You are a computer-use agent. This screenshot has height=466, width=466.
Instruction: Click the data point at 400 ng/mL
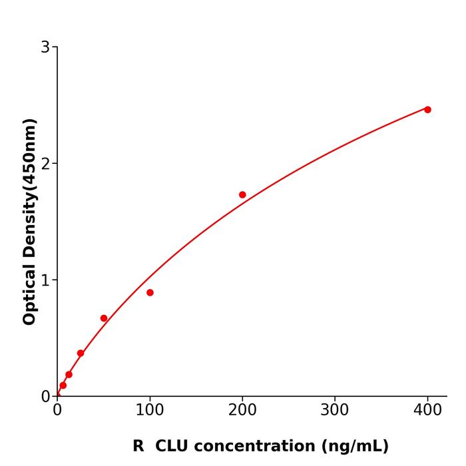(427, 109)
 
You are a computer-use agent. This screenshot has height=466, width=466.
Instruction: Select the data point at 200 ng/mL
(242, 194)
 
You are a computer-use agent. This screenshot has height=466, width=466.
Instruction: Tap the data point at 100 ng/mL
(150, 292)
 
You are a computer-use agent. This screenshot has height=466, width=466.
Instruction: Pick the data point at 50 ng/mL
(104, 318)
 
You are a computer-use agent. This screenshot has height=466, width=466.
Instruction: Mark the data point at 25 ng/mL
(81, 353)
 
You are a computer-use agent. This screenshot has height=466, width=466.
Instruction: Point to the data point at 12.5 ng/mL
(69, 374)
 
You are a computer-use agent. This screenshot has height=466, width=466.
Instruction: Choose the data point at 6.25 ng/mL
(63, 385)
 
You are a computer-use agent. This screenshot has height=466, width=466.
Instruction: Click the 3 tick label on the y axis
(45, 47)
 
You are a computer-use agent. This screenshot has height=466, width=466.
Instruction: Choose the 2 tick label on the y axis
(45, 164)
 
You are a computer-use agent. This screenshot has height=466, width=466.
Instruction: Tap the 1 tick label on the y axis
(45, 280)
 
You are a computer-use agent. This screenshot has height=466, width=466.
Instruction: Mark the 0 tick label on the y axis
(45, 397)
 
